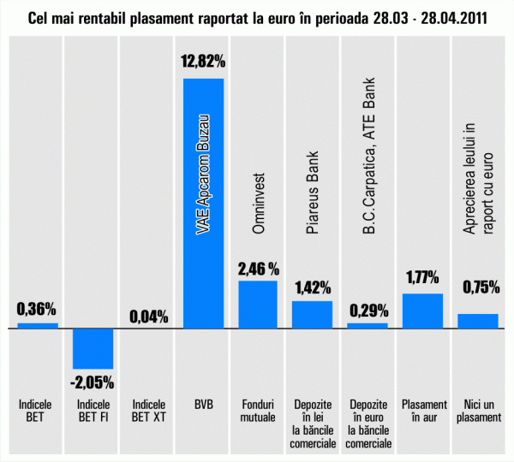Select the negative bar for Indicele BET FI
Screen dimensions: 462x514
(x=93, y=348)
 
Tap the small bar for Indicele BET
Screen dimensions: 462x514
(x=38, y=325)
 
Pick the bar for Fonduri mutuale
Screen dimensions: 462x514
(x=258, y=304)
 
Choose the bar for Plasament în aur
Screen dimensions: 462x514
(x=422, y=311)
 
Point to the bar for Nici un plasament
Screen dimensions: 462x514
(x=477, y=321)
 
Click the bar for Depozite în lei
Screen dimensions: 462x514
(x=312, y=314)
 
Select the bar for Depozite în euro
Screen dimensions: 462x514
(x=368, y=325)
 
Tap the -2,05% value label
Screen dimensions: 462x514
(x=93, y=380)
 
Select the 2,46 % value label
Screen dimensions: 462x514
(x=258, y=269)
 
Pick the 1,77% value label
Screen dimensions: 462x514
(x=422, y=278)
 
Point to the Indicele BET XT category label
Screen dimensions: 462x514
(x=148, y=411)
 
